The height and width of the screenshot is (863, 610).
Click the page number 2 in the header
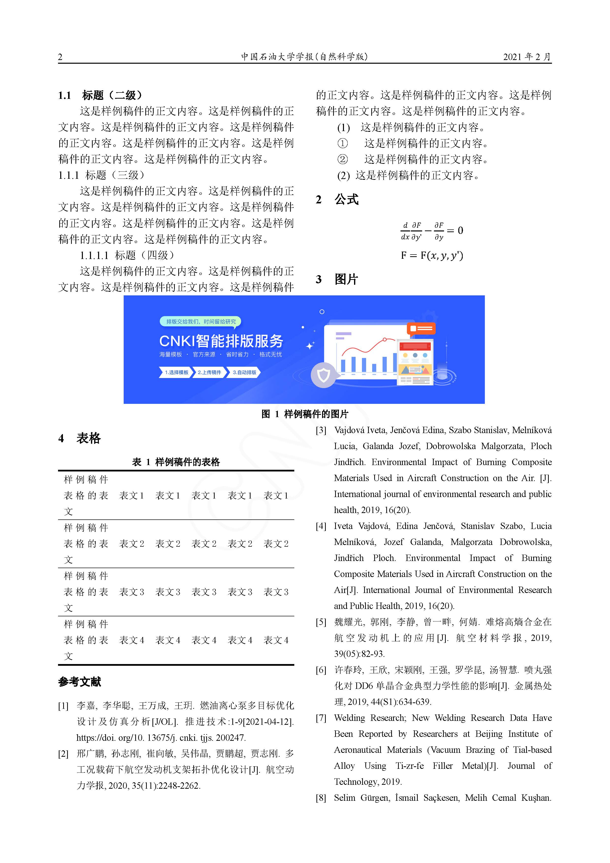[60, 57]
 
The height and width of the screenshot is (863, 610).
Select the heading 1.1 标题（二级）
[100, 95]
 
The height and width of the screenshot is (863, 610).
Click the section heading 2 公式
[337, 200]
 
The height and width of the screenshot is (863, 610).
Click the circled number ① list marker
[342, 144]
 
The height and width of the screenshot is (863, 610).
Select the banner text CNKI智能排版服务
[221, 341]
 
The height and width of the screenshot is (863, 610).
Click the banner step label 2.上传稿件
[209, 373]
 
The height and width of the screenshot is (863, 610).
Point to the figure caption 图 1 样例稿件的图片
[305, 414]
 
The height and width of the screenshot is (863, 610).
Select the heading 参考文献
[80, 682]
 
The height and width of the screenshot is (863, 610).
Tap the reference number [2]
[63, 754]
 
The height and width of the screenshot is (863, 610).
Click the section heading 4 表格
[80, 438]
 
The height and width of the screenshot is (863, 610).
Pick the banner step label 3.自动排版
[244, 373]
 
